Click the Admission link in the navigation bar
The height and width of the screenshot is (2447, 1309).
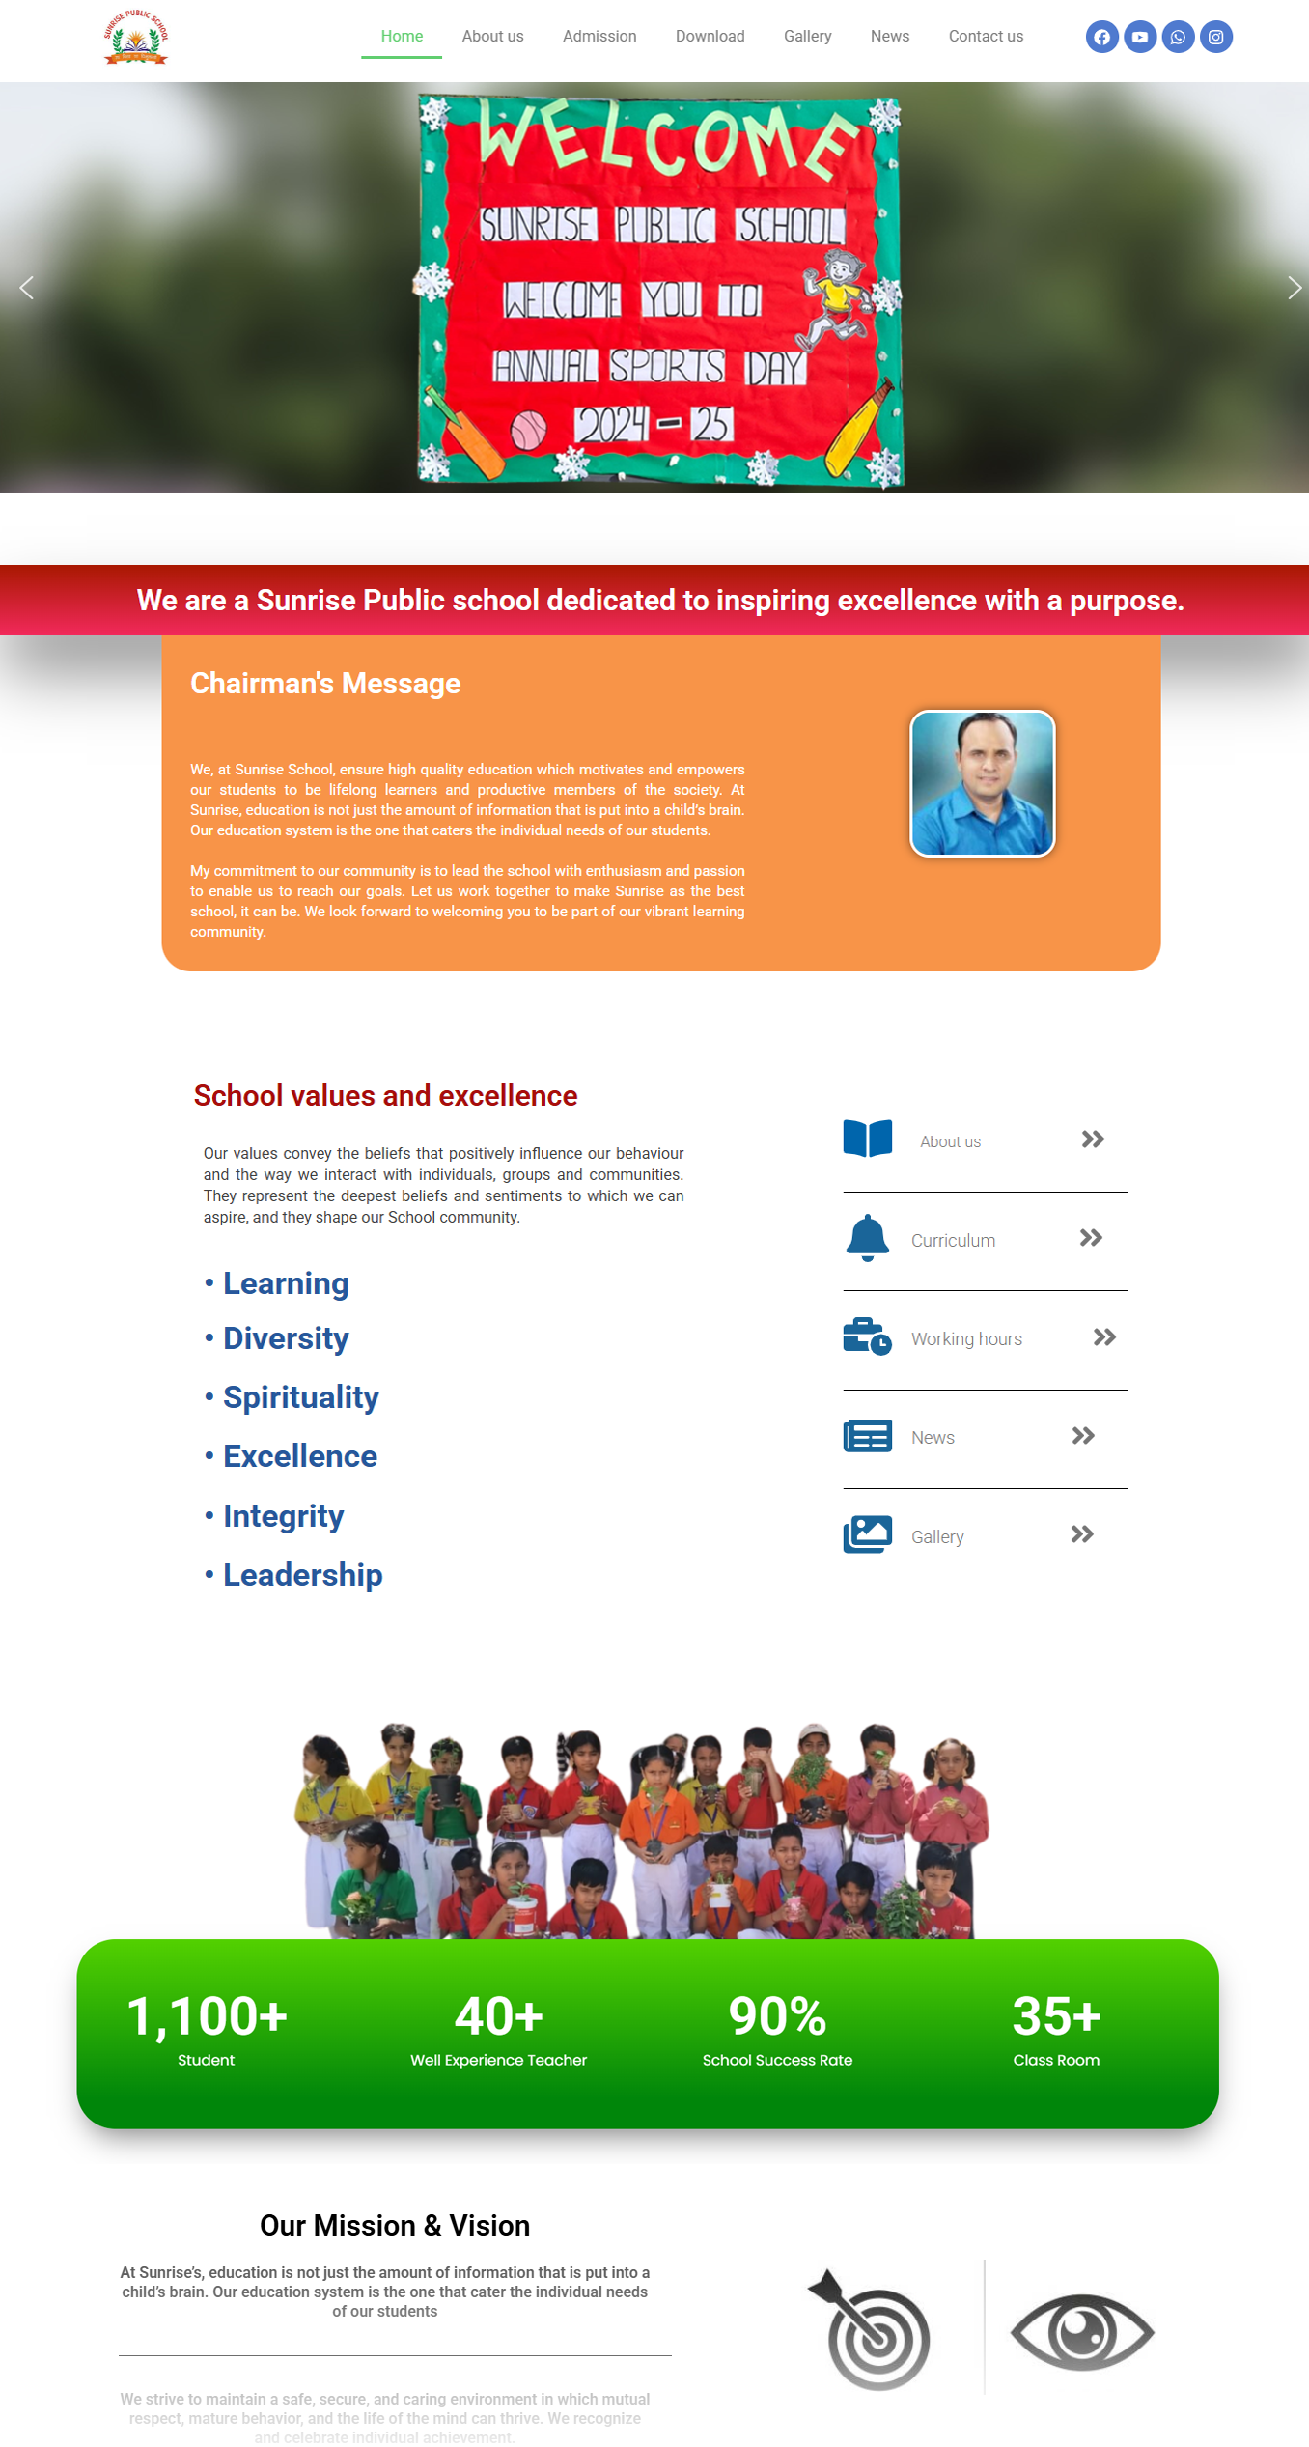599,37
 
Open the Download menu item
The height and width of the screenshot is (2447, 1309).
710,37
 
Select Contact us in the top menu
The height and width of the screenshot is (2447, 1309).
986,37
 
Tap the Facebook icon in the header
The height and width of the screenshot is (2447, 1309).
1101,38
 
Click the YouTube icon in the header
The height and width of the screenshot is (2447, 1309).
1140,38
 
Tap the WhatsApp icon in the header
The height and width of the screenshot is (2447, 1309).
1178,38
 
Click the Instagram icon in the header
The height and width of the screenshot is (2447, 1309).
1216,38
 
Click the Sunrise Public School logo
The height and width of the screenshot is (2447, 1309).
136,39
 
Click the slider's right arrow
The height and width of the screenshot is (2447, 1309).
1294,288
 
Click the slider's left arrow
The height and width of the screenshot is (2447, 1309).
27,288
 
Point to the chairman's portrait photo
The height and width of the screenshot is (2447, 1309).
983,783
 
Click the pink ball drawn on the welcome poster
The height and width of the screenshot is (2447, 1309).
528,429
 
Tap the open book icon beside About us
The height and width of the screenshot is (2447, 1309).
867,1139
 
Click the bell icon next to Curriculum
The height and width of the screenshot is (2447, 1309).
867,1238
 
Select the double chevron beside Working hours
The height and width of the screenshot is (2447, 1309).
1104,1337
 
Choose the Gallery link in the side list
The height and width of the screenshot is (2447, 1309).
937,1536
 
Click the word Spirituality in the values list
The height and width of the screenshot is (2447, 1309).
301,1397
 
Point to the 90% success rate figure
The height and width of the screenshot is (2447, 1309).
777,2016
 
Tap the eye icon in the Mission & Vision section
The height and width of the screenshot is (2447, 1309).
1082,2332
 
